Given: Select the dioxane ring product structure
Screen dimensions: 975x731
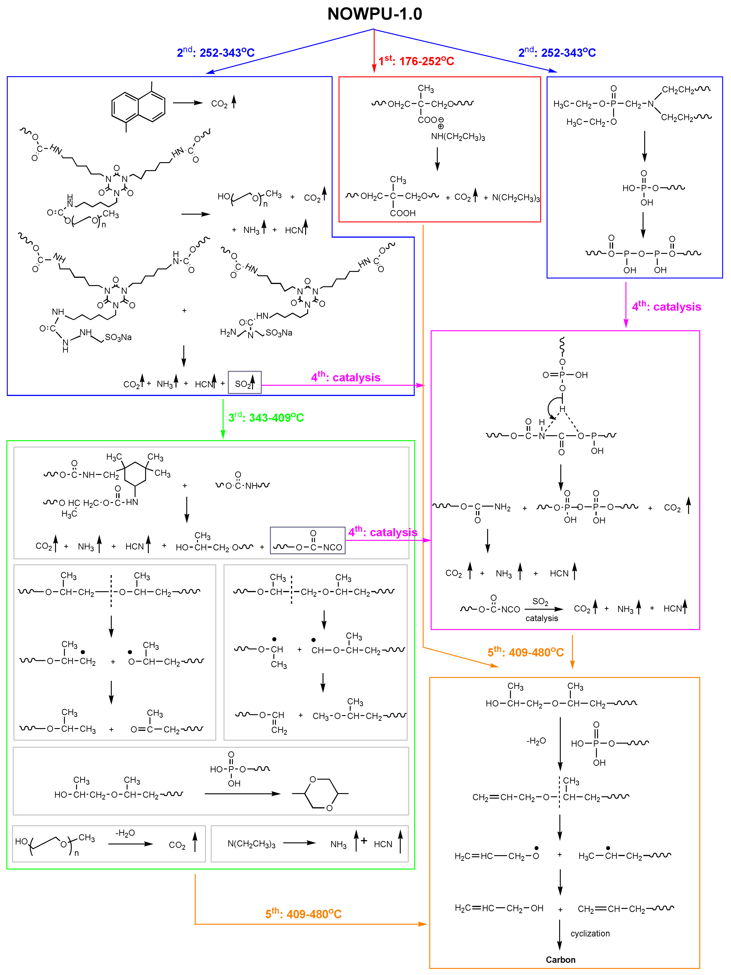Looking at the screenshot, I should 321,793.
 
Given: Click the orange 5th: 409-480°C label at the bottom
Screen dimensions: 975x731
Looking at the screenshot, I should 303,914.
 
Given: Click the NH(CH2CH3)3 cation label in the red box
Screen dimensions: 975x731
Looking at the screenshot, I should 457,137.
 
